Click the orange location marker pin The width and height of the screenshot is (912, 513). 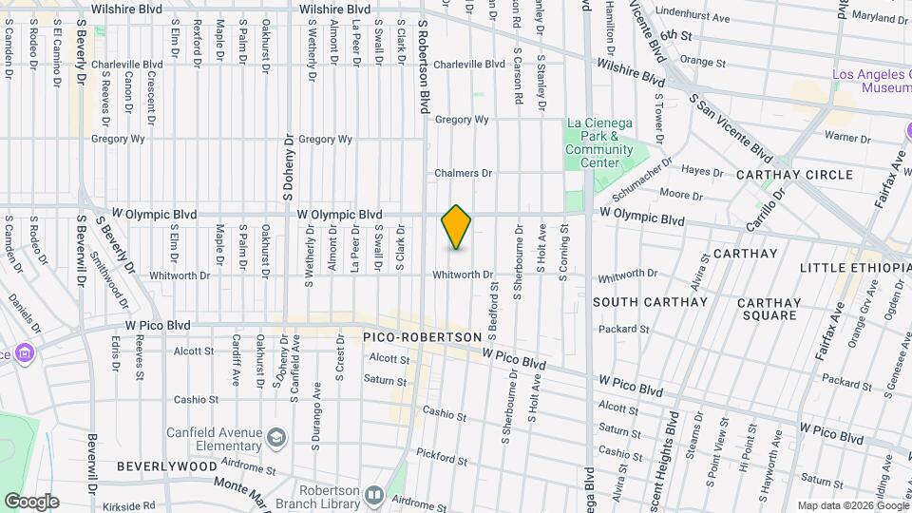[457, 227]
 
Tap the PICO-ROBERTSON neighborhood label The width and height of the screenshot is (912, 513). [416, 337]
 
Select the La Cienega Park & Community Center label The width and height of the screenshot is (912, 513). [599, 142]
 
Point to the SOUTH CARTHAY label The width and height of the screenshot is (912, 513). [650, 302]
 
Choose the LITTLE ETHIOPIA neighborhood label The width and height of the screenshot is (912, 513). [855, 269]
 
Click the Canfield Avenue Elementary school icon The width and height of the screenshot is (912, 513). [276, 438]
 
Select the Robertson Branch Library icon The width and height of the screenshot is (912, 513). [374, 495]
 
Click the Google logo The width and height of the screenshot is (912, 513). [31, 502]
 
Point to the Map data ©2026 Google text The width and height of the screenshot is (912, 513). [852, 505]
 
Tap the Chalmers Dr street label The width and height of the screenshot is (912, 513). [463, 173]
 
